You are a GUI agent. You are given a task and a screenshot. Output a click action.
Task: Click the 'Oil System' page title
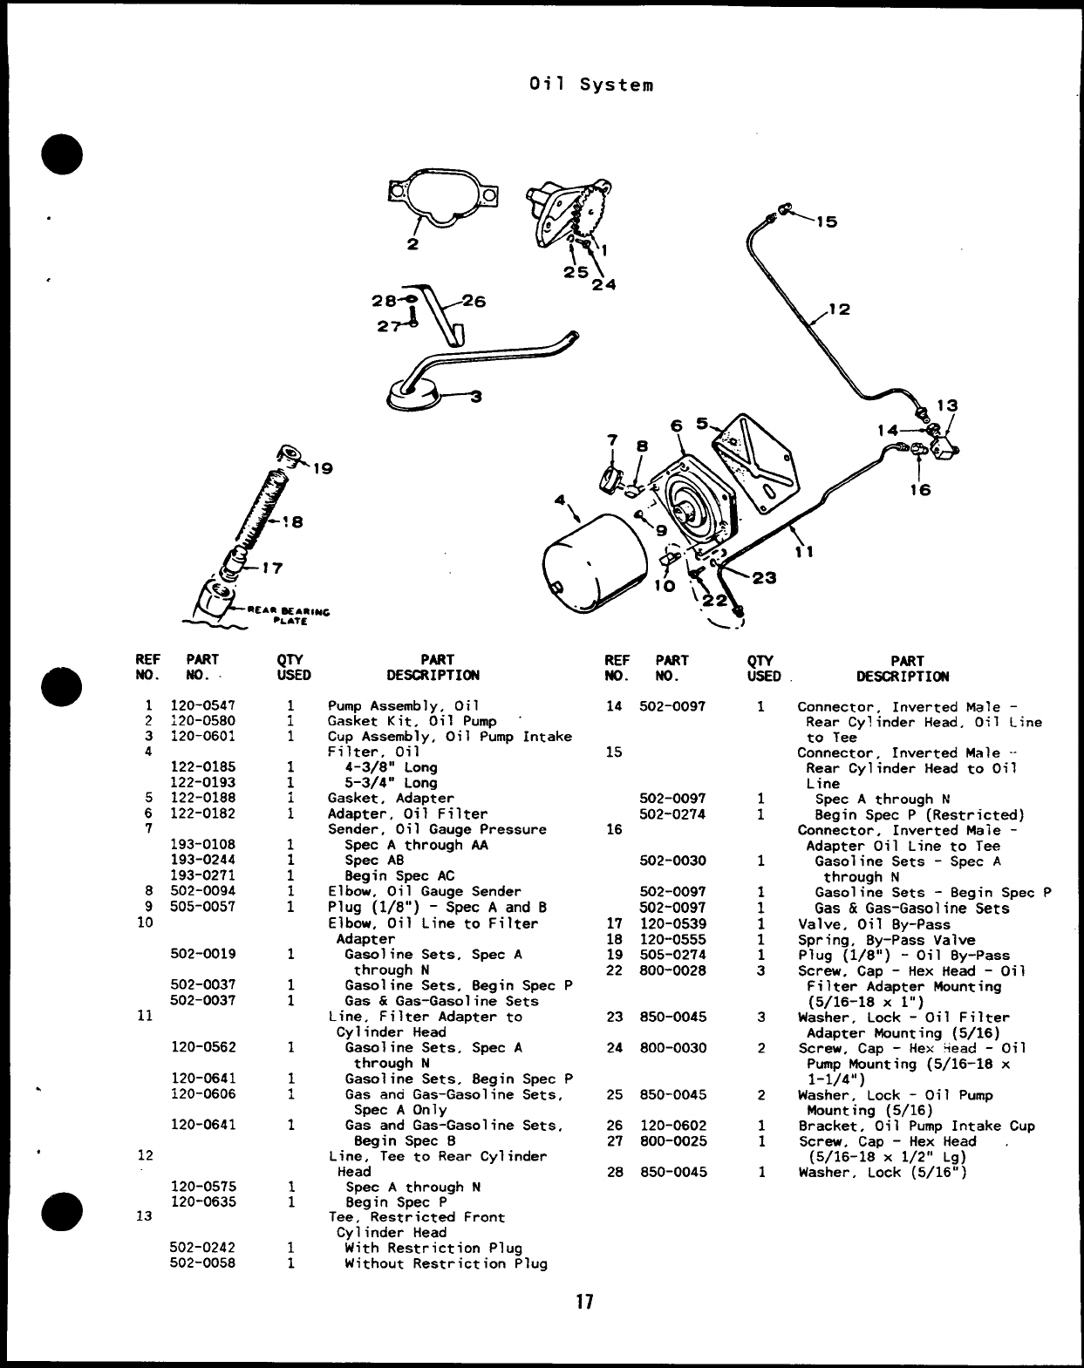pyautogui.click(x=590, y=85)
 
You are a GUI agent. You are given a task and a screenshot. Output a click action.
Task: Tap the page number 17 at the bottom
pyautogui.click(x=583, y=1303)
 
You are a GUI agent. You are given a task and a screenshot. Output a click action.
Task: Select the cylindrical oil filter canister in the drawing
pyautogui.click(x=593, y=568)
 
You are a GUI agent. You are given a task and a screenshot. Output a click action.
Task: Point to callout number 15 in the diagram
pyautogui.click(x=826, y=221)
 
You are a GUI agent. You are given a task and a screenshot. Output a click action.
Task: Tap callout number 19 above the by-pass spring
pyautogui.click(x=323, y=469)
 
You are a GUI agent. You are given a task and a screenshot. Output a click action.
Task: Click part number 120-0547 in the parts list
pyautogui.click(x=202, y=705)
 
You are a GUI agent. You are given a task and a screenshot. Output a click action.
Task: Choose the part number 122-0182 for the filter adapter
pyautogui.click(x=202, y=813)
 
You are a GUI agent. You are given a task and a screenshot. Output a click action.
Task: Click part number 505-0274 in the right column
pyautogui.click(x=672, y=955)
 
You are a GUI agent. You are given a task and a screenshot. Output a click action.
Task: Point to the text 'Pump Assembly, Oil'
pyautogui.click(x=404, y=705)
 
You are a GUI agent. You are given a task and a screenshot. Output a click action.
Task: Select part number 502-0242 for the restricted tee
pyautogui.click(x=202, y=1248)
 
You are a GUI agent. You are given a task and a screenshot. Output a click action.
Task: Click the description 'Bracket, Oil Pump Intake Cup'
pyautogui.click(x=917, y=1126)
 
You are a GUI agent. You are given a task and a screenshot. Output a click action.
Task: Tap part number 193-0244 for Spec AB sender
pyautogui.click(x=202, y=860)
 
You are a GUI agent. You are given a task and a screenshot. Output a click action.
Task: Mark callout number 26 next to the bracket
pyautogui.click(x=474, y=302)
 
